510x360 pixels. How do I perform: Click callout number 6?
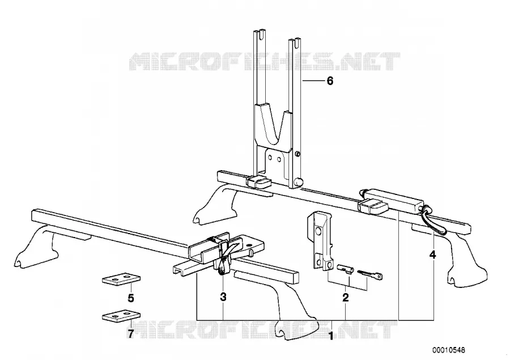[x=330, y=81]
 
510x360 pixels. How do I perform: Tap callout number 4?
[x=432, y=255]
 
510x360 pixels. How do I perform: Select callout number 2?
[x=346, y=297]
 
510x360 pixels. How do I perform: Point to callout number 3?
[x=223, y=297]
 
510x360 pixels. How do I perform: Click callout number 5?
[x=131, y=298]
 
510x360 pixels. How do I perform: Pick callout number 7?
[x=130, y=333]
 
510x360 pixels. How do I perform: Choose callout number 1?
[x=331, y=336]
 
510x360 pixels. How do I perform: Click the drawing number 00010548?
[x=449, y=350]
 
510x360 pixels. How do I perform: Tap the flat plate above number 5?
[x=121, y=278]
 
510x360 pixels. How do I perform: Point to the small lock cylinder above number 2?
[x=346, y=269]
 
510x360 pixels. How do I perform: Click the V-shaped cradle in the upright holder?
[x=272, y=128]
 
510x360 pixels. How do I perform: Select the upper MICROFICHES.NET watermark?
[x=265, y=61]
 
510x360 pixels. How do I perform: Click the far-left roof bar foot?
[x=36, y=248]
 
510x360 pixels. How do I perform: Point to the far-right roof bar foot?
[x=465, y=260]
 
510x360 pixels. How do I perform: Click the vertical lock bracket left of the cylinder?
[x=321, y=241]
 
